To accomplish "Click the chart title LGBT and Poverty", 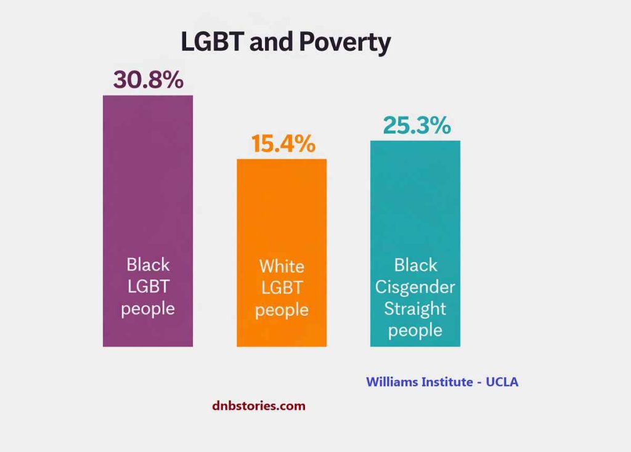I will tap(285, 43).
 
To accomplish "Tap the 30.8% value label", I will tap(148, 80).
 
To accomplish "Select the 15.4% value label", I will tap(283, 144).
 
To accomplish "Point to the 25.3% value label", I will tap(417, 125).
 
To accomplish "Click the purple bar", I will tap(148, 185).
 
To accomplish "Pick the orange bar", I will tap(282, 209).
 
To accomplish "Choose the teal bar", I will tap(415, 197).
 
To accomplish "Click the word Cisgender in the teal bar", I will tap(415, 287).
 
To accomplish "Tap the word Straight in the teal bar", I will tap(415, 309).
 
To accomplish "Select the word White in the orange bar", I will tap(282, 267).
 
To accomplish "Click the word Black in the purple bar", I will tap(148, 265).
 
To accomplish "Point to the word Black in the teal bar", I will tap(415, 265).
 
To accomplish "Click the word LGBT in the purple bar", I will tap(148, 286).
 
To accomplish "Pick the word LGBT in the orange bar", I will tap(282, 288).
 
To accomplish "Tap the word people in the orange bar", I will tap(282, 310).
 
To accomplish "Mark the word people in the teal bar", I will tap(415, 331).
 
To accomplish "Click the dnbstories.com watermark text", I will tap(258, 406).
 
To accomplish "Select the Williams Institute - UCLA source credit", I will tap(442, 382).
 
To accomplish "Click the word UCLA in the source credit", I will tap(502, 382).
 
